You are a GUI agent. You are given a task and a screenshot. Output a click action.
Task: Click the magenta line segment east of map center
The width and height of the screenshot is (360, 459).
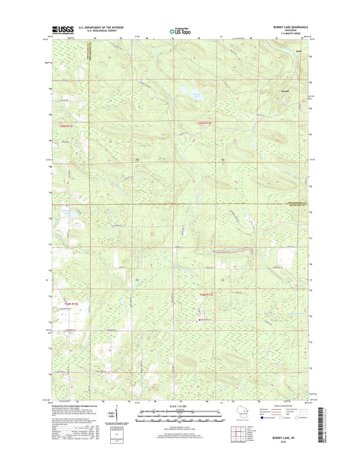click(x=233, y=251)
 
